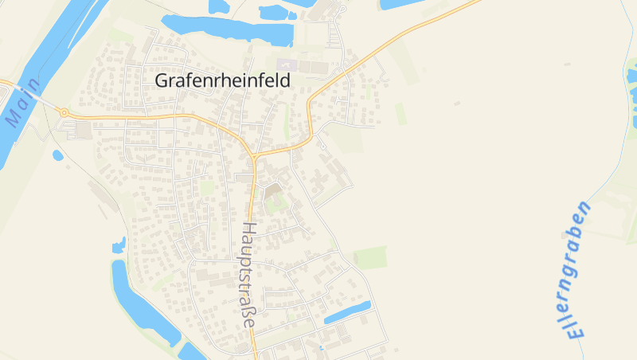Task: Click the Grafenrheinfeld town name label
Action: (223, 80)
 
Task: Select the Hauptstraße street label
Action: (248, 276)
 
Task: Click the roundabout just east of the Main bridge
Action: (64, 113)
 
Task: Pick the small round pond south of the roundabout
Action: (57, 155)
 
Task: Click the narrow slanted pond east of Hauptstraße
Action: (347, 311)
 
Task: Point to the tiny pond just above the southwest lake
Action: (119, 244)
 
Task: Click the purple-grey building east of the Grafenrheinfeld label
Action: (285, 64)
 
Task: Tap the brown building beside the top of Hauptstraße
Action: (273, 191)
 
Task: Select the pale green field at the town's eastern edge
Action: (370, 257)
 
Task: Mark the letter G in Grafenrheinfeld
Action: (161, 80)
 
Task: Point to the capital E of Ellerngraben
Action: (575, 331)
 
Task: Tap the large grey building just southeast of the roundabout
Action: (84, 131)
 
